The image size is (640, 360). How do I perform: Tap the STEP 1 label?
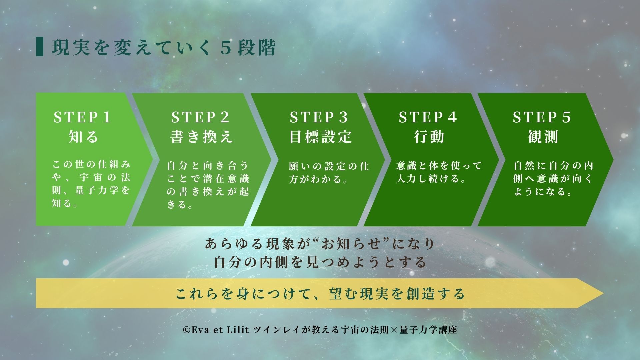(82, 117)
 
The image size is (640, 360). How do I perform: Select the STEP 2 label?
(201, 117)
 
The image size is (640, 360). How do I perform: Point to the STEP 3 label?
(319, 117)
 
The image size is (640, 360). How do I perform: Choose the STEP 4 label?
(428, 117)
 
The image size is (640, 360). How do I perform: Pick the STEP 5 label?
(542, 117)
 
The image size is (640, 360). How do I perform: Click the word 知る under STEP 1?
(83, 137)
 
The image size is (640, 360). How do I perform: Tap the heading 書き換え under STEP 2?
(201, 137)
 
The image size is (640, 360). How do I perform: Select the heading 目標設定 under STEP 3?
(320, 137)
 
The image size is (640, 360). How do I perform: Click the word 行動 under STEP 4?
(429, 137)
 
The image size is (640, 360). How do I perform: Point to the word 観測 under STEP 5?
(543, 137)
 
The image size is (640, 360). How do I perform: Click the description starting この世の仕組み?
(91, 184)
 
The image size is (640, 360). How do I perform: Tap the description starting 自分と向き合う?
(208, 185)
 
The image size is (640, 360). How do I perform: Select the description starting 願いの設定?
(329, 173)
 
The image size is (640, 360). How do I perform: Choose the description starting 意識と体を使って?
(439, 172)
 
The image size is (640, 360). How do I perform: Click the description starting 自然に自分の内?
(553, 179)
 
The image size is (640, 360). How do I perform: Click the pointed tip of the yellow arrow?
(603, 293)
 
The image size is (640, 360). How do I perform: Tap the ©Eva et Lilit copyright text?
(320, 330)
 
